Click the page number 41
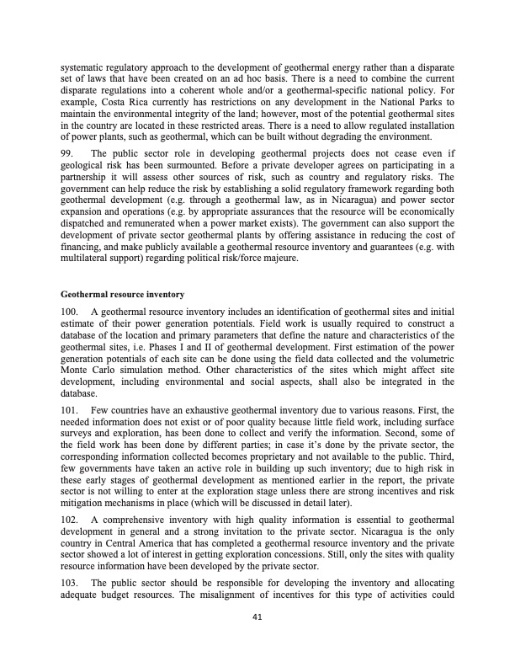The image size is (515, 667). click(x=257, y=616)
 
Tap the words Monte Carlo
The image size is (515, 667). click(x=89, y=370)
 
